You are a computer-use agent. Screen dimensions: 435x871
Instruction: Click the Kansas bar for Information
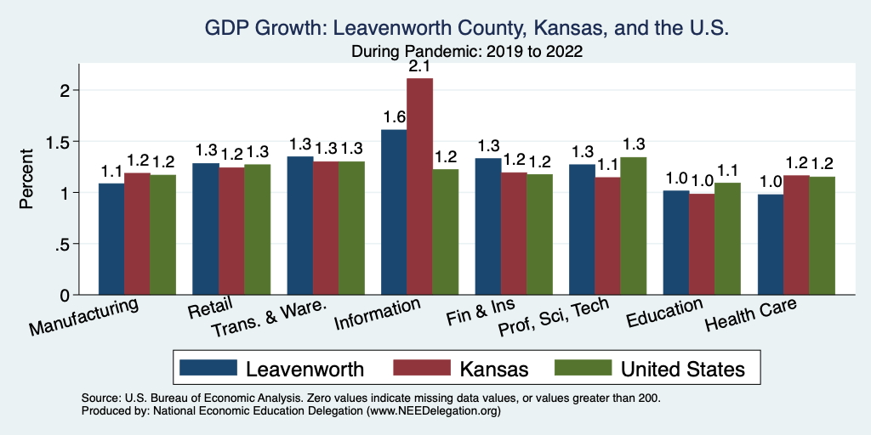pyautogui.click(x=419, y=186)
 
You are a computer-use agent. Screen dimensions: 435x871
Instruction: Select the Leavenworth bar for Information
pyautogui.click(x=394, y=212)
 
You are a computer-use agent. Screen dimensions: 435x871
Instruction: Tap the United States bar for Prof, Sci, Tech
pyautogui.click(x=633, y=226)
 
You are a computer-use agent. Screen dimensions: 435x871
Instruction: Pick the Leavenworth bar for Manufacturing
pyautogui.click(x=111, y=239)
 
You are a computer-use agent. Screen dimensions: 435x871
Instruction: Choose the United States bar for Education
pyautogui.click(x=726, y=239)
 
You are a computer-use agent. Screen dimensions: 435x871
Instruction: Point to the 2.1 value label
pyautogui.click(x=419, y=66)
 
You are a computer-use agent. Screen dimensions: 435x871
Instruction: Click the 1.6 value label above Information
pyautogui.click(x=394, y=117)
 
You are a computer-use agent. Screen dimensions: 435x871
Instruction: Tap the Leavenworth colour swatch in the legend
pyautogui.click(x=208, y=368)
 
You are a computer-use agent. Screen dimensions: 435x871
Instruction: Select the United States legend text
pyautogui.click(x=683, y=369)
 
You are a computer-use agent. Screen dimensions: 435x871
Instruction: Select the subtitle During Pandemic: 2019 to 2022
pyautogui.click(x=467, y=51)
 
